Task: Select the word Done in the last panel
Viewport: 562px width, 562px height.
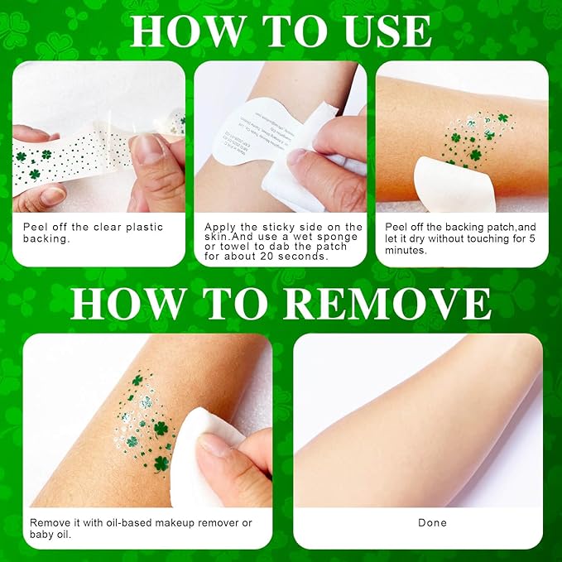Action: tap(432, 522)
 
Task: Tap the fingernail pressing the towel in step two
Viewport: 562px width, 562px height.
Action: tap(295, 155)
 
